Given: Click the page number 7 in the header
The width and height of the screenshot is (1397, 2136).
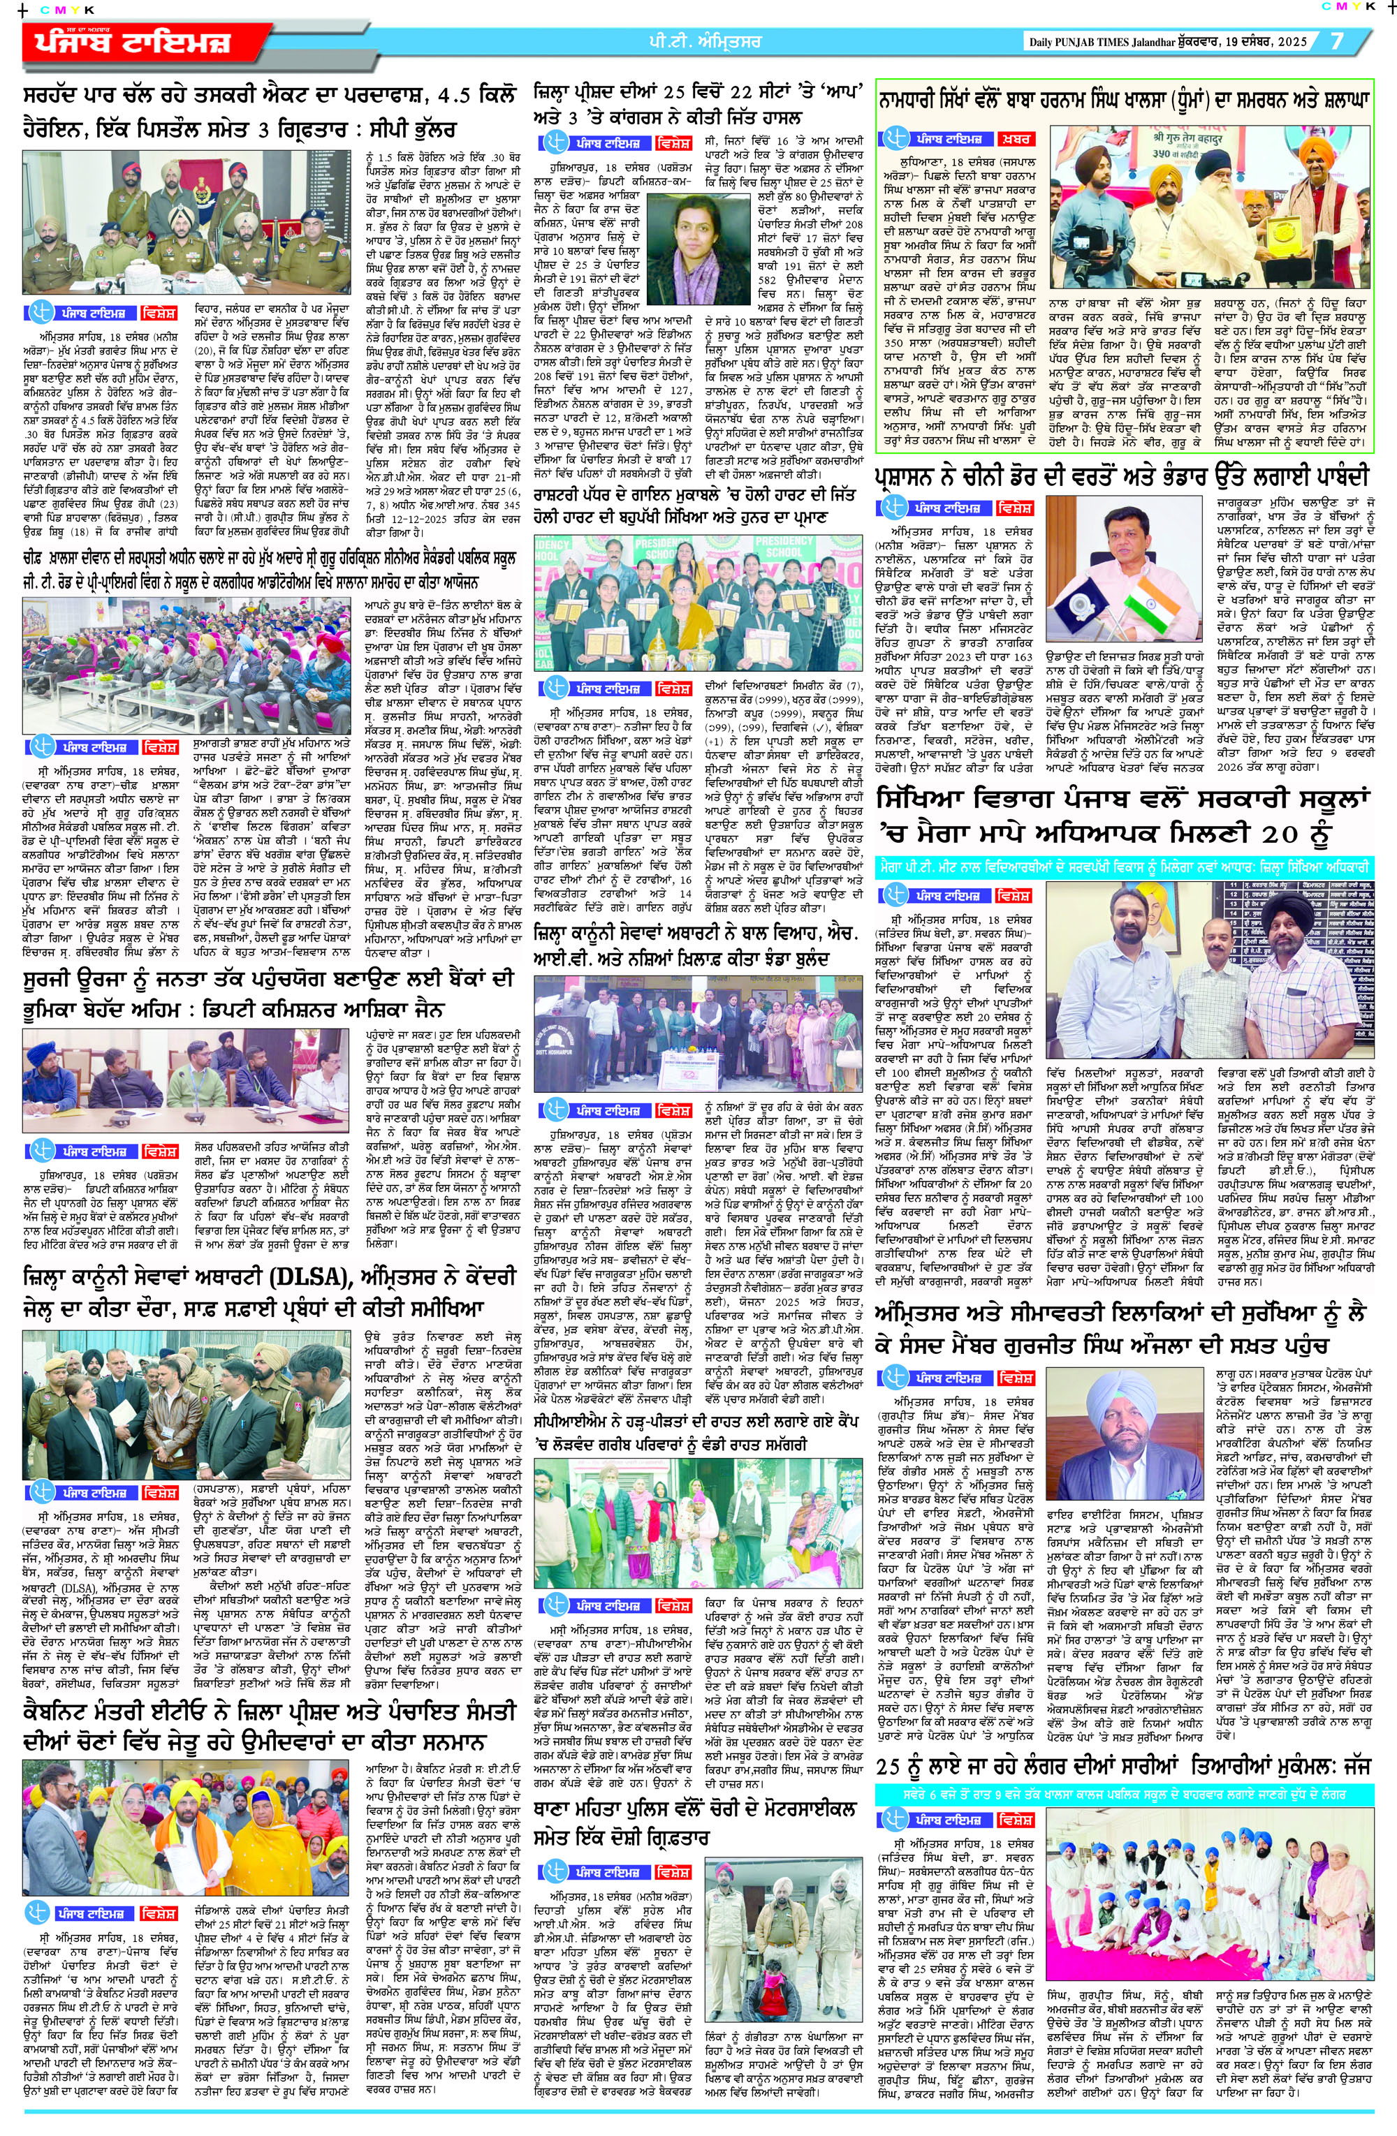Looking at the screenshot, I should (1337, 41).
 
